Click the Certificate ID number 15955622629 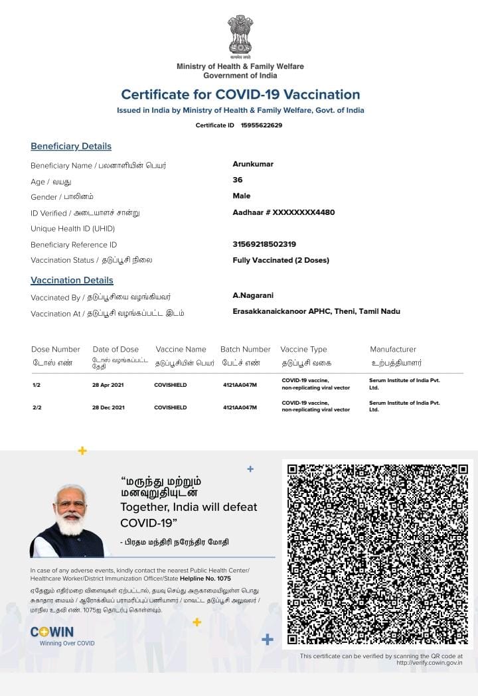(x=262, y=125)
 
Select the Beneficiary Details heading (x=71, y=146)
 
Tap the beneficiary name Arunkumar (x=253, y=164)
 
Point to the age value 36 (x=238, y=180)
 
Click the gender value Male (x=242, y=196)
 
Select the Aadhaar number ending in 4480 (x=283, y=212)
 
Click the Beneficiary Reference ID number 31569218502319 (x=264, y=244)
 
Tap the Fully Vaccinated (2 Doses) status (x=281, y=260)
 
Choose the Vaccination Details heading (x=72, y=280)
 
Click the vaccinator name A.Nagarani (x=253, y=295)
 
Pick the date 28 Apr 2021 (x=108, y=385)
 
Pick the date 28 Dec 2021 (x=108, y=407)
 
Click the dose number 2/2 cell (x=37, y=407)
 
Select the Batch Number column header (x=245, y=349)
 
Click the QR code (x=378, y=554)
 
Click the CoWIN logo (x=52, y=632)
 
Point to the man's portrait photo (x=69, y=521)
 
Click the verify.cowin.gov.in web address (x=429, y=662)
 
